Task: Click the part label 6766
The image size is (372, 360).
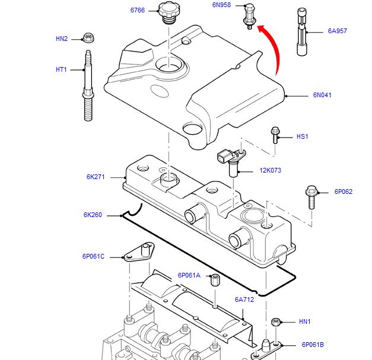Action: (x=138, y=10)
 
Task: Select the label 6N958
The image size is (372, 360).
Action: (x=221, y=5)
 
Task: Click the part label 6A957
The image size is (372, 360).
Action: (x=337, y=31)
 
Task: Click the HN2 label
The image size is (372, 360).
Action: (x=62, y=39)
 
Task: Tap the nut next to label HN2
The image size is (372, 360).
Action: (x=88, y=38)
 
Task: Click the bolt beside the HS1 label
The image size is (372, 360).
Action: (x=275, y=135)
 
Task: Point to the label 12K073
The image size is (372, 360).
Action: (x=270, y=171)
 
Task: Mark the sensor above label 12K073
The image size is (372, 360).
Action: (x=228, y=158)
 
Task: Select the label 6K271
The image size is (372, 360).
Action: (x=95, y=177)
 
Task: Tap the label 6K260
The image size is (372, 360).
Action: (x=93, y=215)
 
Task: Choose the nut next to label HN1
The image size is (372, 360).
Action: (x=275, y=322)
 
